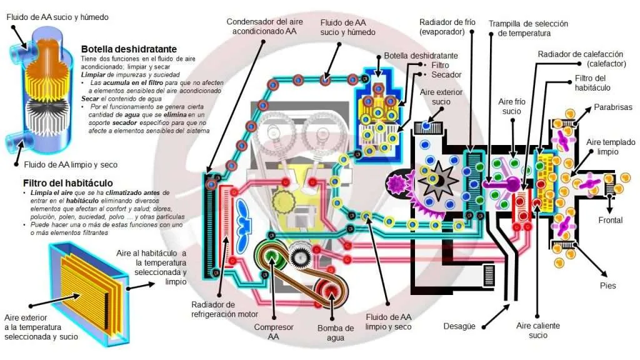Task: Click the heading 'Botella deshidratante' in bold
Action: point(129,49)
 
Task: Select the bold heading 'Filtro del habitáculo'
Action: point(67,183)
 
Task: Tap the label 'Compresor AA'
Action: point(274,332)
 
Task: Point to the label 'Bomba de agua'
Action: point(336,332)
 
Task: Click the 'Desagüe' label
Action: point(459,326)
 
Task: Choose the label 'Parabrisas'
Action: point(612,107)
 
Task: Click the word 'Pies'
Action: point(607,286)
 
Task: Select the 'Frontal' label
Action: point(610,220)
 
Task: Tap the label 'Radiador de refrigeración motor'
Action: point(224,309)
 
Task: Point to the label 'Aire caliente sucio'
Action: point(538,330)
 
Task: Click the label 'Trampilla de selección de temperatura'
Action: point(528,28)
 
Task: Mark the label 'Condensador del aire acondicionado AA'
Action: point(264,26)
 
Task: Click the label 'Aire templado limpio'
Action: point(611,146)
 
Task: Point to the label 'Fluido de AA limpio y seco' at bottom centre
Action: point(388,322)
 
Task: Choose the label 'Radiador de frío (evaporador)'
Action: point(447,26)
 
